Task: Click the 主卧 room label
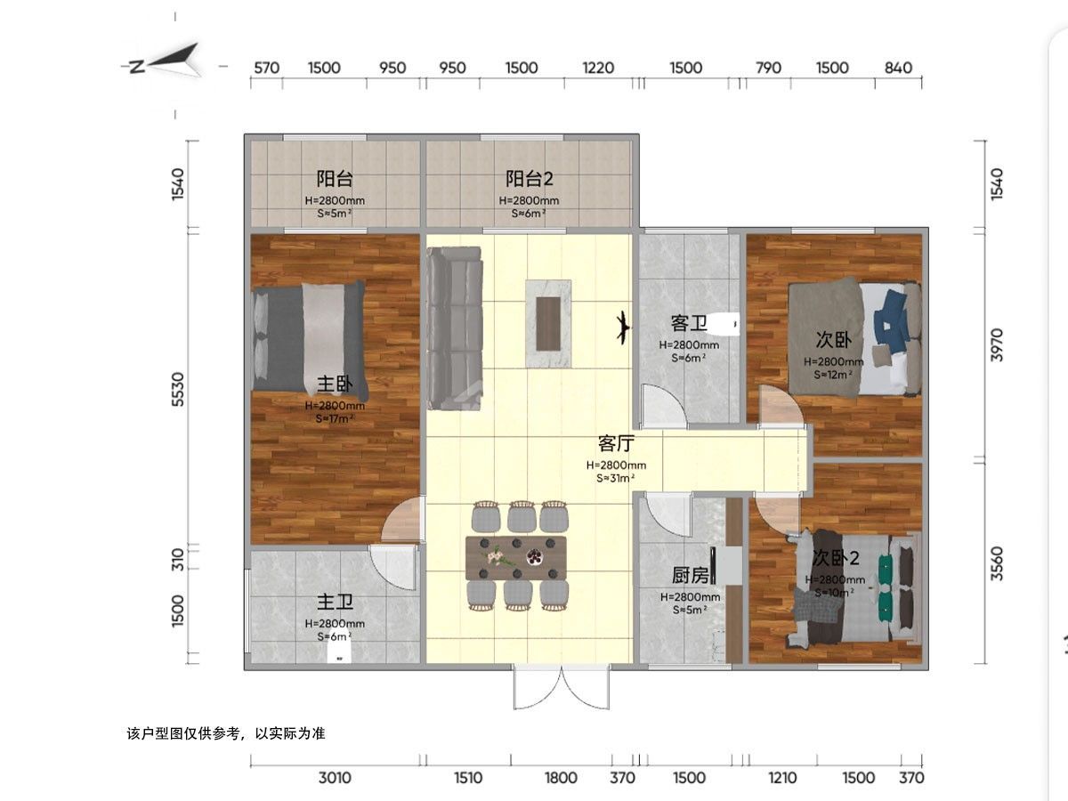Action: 335,384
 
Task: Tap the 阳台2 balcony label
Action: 529,179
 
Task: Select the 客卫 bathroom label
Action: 689,323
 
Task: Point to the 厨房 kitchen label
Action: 690,575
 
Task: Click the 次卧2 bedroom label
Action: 836,558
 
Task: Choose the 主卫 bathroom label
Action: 335,603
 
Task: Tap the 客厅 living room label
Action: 616,443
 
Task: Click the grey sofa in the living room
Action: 455,328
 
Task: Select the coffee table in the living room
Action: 548,323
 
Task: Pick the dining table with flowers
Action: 515,558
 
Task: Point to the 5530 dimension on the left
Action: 179,389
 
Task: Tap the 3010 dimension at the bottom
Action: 335,778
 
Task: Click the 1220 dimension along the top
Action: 598,68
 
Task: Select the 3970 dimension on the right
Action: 997,345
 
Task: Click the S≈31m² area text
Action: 616,478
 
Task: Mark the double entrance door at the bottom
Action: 562,687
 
